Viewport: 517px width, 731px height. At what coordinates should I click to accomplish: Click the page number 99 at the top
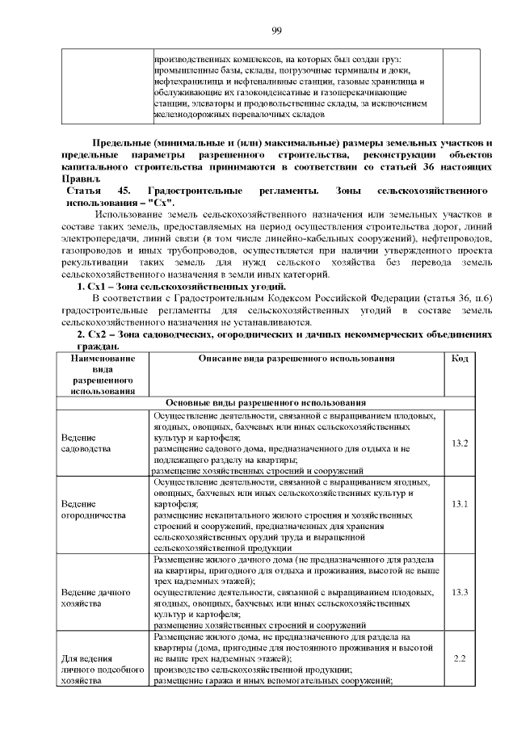pyautogui.click(x=276, y=30)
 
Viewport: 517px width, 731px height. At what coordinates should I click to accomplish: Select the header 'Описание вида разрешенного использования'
pyautogui.click(x=296, y=358)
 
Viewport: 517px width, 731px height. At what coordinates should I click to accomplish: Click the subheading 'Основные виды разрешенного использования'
pyautogui.click(x=266, y=402)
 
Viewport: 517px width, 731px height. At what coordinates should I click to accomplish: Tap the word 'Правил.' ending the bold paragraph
pyautogui.click(x=82, y=178)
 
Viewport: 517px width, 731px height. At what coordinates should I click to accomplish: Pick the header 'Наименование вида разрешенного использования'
pyautogui.click(x=103, y=375)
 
